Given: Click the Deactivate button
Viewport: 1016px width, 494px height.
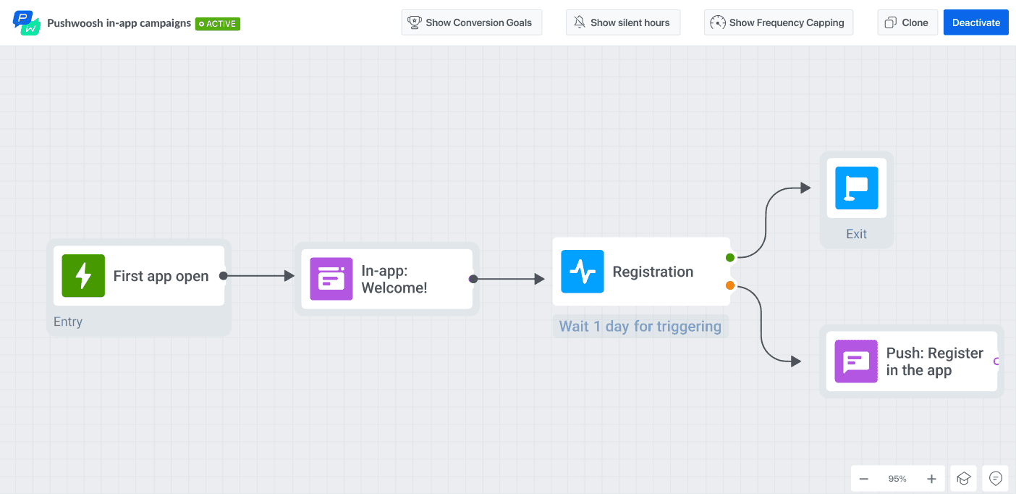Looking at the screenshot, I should pyautogui.click(x=975, y=22).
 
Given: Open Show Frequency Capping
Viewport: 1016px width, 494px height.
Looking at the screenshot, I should pyautogui.click(x=778, y=22).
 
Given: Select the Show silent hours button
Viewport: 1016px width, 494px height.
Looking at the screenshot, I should pyautogui.click(x=622, y=22).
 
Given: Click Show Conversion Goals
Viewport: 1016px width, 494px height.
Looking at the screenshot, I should pyautogui.click(x=470, y=22).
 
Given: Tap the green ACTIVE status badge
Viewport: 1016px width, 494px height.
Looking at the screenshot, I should pyautogui.click(x=218, y=24).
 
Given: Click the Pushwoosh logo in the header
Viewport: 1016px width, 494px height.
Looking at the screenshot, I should pyautogui.click(x=27, y=22).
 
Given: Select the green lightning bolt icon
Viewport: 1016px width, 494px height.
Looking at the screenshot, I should pyautogui.click(x=83, y=276).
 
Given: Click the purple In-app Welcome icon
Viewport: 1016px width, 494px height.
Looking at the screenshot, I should pyautogui.click(x=331, y=279).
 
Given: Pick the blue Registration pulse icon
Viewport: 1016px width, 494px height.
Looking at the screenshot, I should pyautogui.click(x=583, y=272).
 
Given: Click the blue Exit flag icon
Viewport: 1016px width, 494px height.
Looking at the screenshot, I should pyautogui.click(x=856, y=188).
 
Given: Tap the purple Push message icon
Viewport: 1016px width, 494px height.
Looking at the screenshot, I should pyautogui.click(x=856, y=361).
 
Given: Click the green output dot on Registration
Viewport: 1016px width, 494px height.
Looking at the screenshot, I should pyautogui.click(x=730, y=258).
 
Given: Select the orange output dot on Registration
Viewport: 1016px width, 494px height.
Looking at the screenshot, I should pyautogui.click(x=730, y=285).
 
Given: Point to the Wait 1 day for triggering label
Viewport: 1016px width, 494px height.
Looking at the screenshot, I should pyautogui.click(x=640, y=327).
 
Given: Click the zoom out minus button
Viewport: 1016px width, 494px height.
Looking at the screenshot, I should pyautogui.click(x=864, y=479).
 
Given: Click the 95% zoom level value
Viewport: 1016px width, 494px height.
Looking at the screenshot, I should pyautogui.click(x=897, y=479).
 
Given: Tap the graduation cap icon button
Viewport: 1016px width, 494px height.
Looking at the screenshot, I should pyautogui.click(x=963, y=479).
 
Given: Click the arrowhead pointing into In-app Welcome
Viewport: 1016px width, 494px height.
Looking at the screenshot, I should pyautogui.click(x=289, y=276).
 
